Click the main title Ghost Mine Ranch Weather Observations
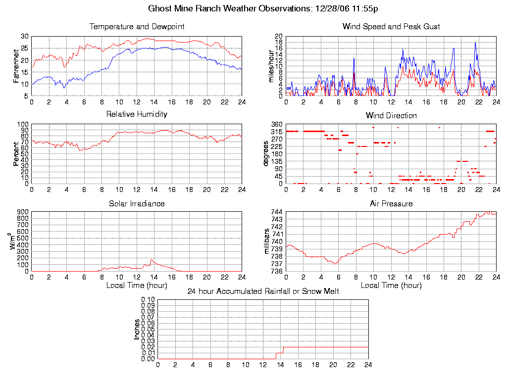pos(263,8)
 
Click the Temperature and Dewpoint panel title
pos(137,26)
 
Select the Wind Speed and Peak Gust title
pos(391,26)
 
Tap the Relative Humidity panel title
pos(137,114)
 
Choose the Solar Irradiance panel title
pos(137,203)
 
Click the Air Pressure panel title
pos(391,203)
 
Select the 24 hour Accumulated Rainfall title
pos(263,291)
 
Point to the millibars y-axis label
pos(268,241)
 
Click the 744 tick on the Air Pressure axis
pos(276,212)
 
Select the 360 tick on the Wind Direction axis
pos(276,124)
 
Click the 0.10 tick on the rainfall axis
pos(148,299)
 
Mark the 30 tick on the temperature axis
pos(24,36)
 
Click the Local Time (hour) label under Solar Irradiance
pos(137,285)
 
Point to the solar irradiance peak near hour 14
pos(152,259)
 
